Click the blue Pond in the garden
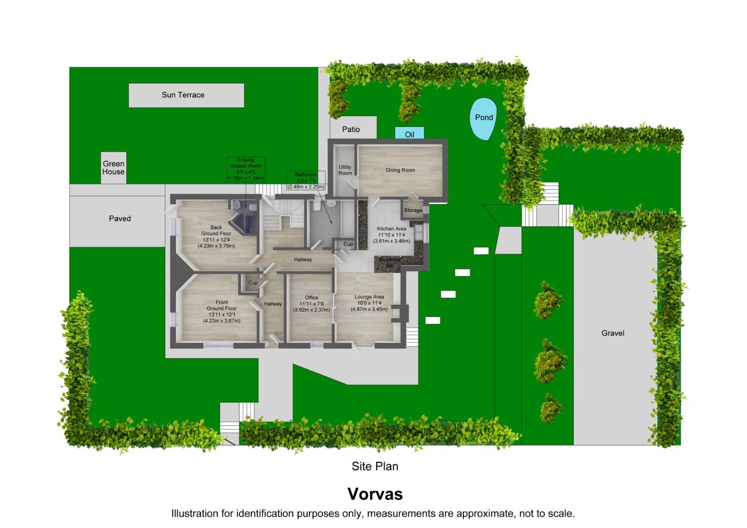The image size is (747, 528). click(x=483, y=119)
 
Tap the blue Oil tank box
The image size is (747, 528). click(x=410, y=134)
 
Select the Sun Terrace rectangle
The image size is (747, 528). click(x=186, y=95)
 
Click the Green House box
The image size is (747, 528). click(x=113, y=168)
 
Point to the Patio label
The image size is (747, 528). click(x=351, y=129)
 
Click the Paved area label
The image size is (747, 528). click(x=120, y=219)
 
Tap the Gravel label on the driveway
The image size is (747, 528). click(x=612, y=333)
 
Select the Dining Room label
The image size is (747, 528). click(x=400, y=170)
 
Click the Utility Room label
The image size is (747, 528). click(x=345, y=170)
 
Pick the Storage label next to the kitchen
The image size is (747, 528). click(x=413, y=210)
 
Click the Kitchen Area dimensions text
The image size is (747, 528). click(x=392, y=238)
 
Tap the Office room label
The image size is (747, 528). click(x=312, y=298)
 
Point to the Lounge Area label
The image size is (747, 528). click(x=369, y=297)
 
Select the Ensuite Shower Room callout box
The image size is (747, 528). click(x=246, y=169)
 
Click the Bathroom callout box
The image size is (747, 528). click(x=306, y=180)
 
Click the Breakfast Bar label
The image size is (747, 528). click(x=390, y=262)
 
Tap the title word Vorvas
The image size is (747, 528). click(x=375, y=494)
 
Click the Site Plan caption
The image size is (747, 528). click(x=375, y=466)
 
